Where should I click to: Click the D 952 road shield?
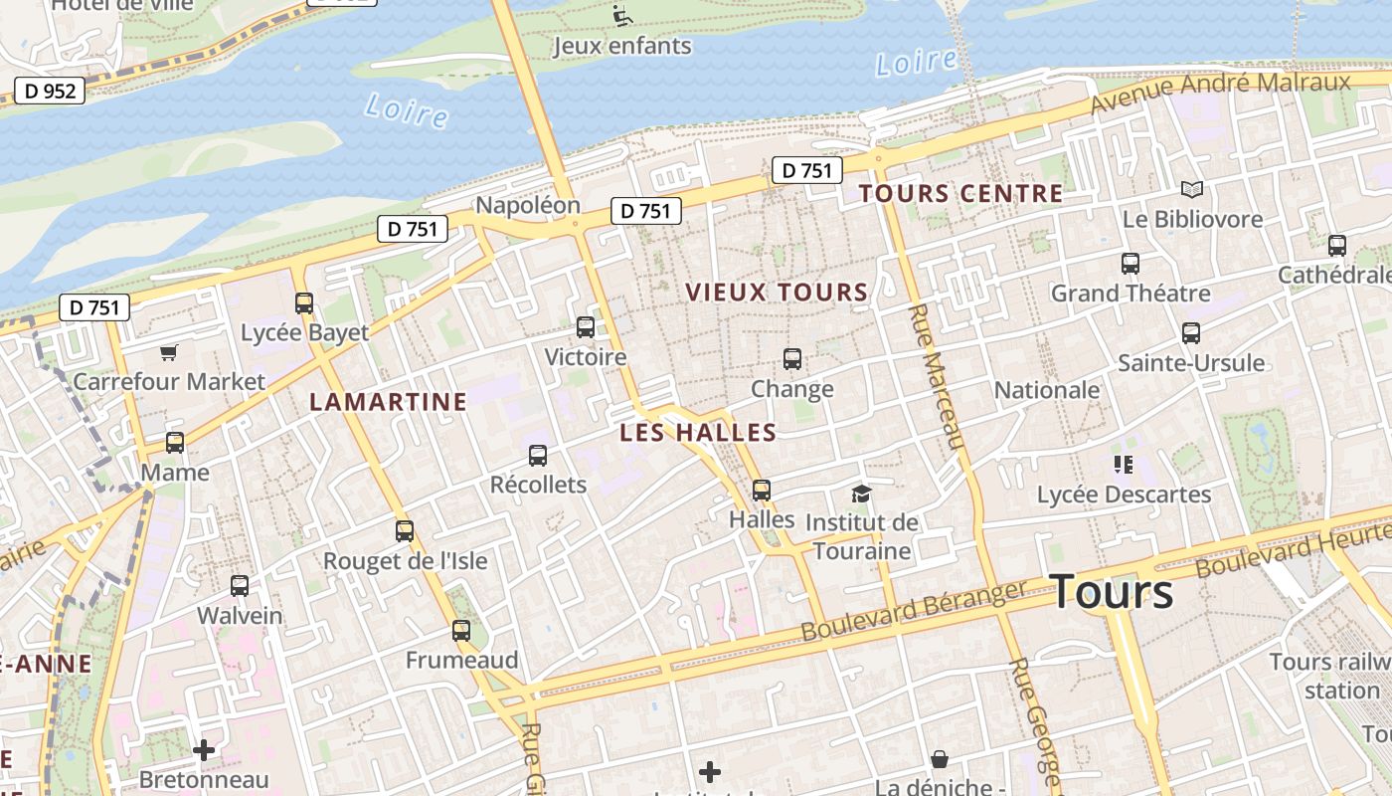pyautogui.click(x=49, y=92)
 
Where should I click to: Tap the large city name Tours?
pyautogui.click(x=1111, y=591)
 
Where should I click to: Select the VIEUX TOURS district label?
pyautogui.click(x=777, y=292)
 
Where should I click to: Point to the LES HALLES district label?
pyautogui.click(x=697, y=432)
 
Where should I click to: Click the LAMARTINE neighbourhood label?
pyautogui.click(x=388, y=401)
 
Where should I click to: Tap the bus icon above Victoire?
pyautogui.click(x=586, y=326)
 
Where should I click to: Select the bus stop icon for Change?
pyautogui.click(x=792, y=358)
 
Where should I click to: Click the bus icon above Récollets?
pyautogui.click(x=538, y=455)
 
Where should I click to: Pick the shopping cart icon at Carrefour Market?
pyautogui.click(x=169, y=352)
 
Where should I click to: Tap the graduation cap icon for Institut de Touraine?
pyautogui.click(x=861, y=494)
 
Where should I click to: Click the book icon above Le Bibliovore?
pyautogui.click(x=1191, y=189)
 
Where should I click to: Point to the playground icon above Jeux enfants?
pyautogui.click(x=622, y=15)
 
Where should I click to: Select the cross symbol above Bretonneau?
pyautogui.click(x=204, y=749)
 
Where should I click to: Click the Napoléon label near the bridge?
pyautogui.click(x=528, y=205)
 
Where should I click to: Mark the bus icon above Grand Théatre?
pyautogui.click(x=1131, y=263)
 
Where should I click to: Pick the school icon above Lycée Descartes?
pyautogui.click(x=1124, y=464)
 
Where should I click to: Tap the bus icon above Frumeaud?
pyautogui.click(x=461, y=630)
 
